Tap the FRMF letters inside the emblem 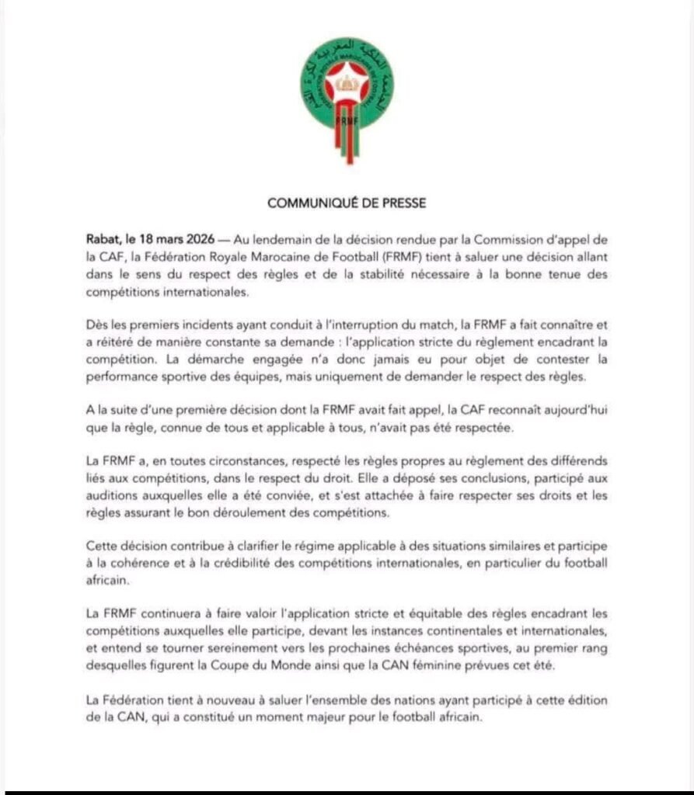347,123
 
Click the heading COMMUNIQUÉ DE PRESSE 347,203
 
